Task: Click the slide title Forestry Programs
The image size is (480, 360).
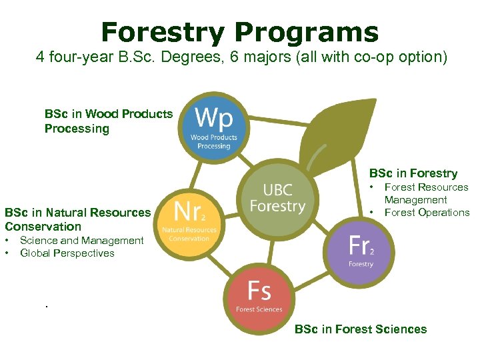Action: point(240,31)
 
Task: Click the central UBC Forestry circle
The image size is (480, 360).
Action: point(277,198)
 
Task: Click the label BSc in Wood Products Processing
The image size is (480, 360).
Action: point(108,121)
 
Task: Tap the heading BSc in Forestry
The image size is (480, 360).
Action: point(413,173)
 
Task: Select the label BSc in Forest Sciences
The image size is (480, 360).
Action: point(360,329)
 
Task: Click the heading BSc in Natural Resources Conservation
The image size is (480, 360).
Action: point(77,219)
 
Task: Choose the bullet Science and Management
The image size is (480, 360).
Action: point(81,240)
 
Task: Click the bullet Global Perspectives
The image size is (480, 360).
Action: point(67,253)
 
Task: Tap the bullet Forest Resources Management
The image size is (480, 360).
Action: point(426,193)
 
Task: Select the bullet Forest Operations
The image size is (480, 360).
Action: point(427,213)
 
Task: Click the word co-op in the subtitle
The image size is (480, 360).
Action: point(379,57)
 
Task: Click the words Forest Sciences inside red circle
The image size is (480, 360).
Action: point(259,309)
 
